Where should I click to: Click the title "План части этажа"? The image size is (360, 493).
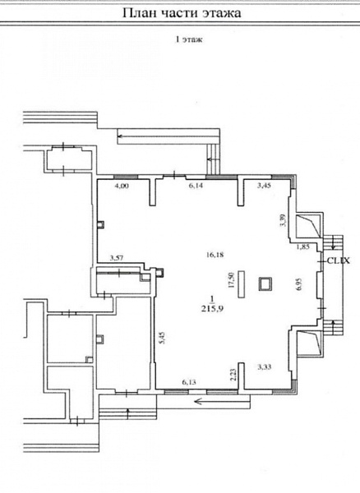pyautogui.click(x=182, y=13)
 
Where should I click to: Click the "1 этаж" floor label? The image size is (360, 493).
pyautogui.click(x=189, y=39)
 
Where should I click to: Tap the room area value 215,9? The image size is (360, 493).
pyautogui.click(x=212, y=309)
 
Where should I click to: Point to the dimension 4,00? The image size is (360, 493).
pyautogui.click(x=122, y=186)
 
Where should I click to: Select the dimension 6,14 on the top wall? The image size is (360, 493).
pyautogui.click(x=196, y=186)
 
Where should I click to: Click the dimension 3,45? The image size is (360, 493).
pyautogui.click(x=264, y=186)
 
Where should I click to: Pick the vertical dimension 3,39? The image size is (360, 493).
pyautogui.click(x=284, y=220)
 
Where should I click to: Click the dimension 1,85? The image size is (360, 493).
pyautogui.click(x=303, y=246)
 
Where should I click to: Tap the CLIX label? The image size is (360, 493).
pyautogui.click(x=339, y=260)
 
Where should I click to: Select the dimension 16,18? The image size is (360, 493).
pyautogui.click(x=215, y=255)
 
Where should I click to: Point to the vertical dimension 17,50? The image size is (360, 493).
pyautogui.click(x=232, y=280)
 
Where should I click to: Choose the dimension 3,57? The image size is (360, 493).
pyautogui.click(x=117, y=258)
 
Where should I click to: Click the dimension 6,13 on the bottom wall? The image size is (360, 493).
pyautogui.click(x=189, y=382)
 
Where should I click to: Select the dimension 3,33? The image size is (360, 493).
pyautogui.click(x=264, y=366)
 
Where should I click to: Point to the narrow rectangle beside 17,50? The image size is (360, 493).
pyautogui.click(x=242, y=284)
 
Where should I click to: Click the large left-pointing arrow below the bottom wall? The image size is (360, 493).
pyautogui.click(x=222, y=401)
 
